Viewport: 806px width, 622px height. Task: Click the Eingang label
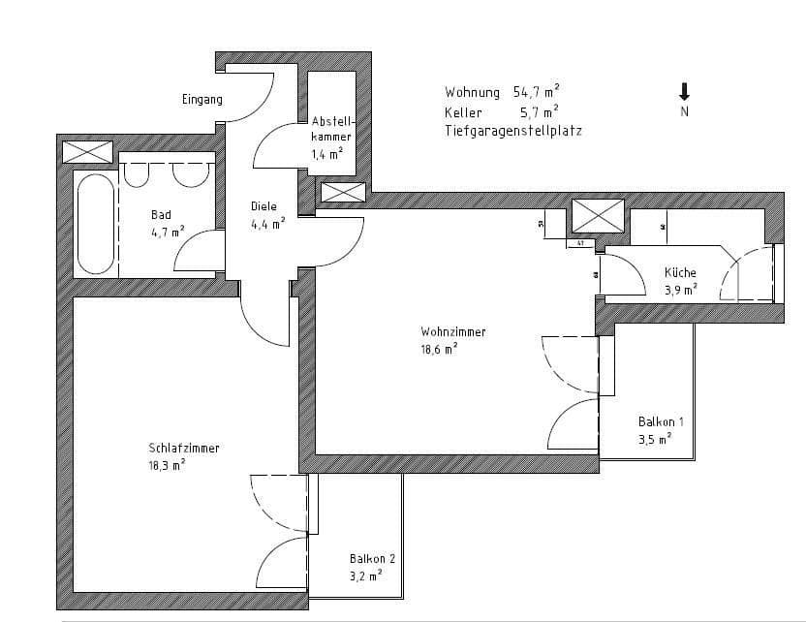pyautogui.click(x=201, y=100)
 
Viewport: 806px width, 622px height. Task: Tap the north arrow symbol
pyautogui.click(x=684, y=92)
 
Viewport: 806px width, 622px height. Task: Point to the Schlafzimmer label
pyautogui.click(x=183, y=449)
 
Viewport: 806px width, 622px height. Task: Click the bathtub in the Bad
pyautogui.click(x=93, y=223)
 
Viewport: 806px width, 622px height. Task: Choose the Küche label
pyautogui.click(x=680, y=273)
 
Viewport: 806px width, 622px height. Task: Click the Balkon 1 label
pyautogui.click(x=662, y=422)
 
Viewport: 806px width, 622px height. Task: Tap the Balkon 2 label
pyautogui.click(x=372, y=559)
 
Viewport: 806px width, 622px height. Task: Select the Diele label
pyautogui.click(x=263, y=206)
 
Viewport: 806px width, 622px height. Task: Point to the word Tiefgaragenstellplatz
pyautogui.click(x=513, y=131)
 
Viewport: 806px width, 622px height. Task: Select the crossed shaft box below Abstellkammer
pyautogui.click(x=343, y=192)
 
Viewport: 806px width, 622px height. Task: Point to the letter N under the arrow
pyautogui.click(x=684, y=112)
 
